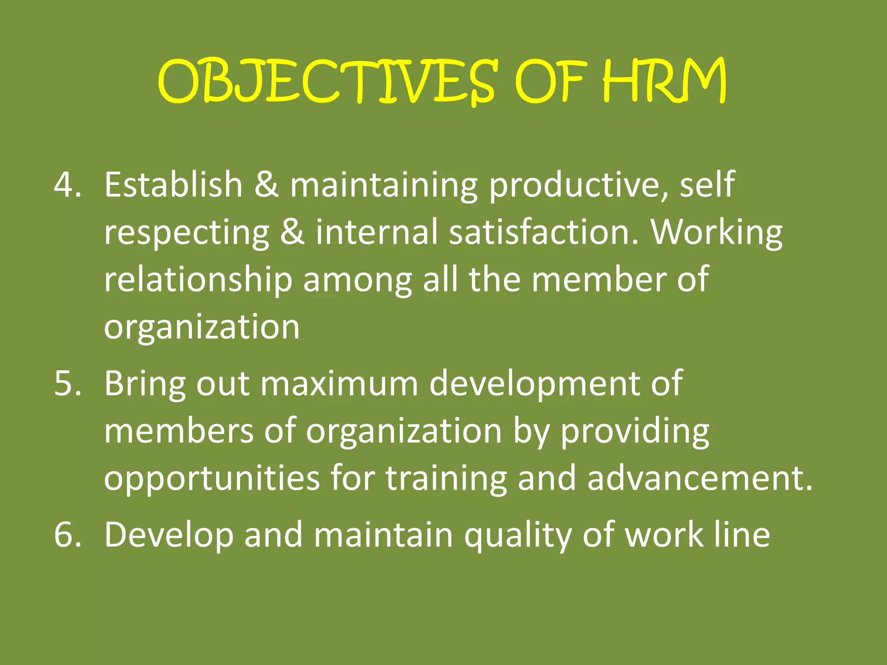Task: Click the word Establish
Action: tap(173, 184)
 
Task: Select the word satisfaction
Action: tap(544, 232)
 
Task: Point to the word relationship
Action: tap(198, 281)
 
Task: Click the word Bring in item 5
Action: tap(145, 384)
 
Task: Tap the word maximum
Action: tap(339, 384)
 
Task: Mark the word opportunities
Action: tap(212, 479)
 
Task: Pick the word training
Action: tap(446, 480)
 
